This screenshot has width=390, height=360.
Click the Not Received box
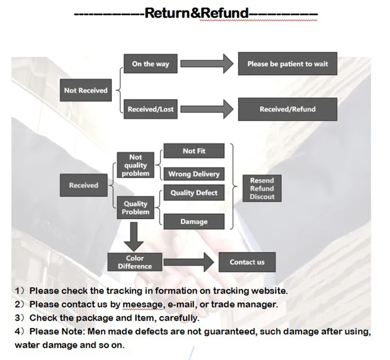[x=86, y=90]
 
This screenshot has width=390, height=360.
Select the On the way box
[x=151, y=64]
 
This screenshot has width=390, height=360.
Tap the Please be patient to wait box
[x=288, y=64]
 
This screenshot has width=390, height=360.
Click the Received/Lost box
[x=151, y=109]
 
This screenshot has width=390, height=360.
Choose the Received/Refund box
[x=288, y=109]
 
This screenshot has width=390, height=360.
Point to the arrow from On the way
[x=207, y=64]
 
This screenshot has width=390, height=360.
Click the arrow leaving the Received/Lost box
[x=207, y=109]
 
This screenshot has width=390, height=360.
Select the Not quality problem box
[x=136, y=165]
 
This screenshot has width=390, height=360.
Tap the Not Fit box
[x=194, y=151]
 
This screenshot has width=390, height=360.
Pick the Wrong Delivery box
[x=194, y=174]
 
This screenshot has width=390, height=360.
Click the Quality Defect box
[x=194, y=193]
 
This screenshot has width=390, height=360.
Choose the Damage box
[x=194, y=222]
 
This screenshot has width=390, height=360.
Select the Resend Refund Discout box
[x=262, y=189]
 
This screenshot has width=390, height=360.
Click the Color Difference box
[x=135, y=262]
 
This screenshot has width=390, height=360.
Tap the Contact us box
[x=247, y=262]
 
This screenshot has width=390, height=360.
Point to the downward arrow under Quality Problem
[x=134, y=237]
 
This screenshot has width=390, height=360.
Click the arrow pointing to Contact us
[x=189, y=262]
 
